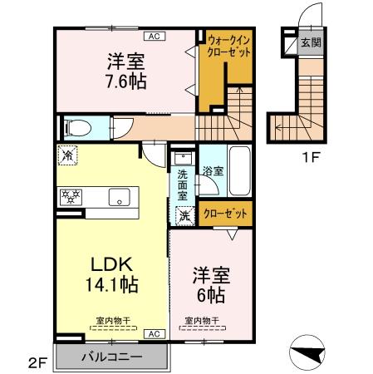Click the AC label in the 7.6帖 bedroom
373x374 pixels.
coord(155,36)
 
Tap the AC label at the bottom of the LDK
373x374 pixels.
coord(155,333)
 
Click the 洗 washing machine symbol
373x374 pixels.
coord(184,214)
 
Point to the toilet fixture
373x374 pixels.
coord(76,128)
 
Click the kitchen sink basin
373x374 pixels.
coord(119,197)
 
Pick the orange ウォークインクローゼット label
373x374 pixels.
coord(229,44)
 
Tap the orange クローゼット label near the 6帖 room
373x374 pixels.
coord(226,214)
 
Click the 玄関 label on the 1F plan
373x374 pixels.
coord(311,42)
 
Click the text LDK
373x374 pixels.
coord(113,263)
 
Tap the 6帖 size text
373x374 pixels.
coord(211,295)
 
